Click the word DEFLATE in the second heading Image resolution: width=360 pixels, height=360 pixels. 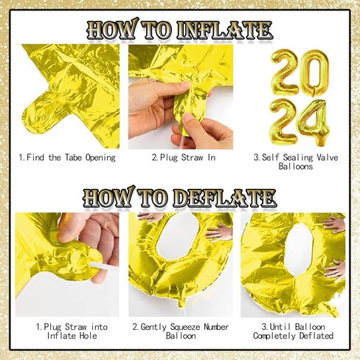click(x=224, y=198)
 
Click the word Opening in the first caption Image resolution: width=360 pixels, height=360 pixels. click(x=99, y=157)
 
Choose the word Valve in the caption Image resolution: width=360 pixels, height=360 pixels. click(x=321, y=157)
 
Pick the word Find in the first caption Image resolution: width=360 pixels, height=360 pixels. click(x=37, y=157)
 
